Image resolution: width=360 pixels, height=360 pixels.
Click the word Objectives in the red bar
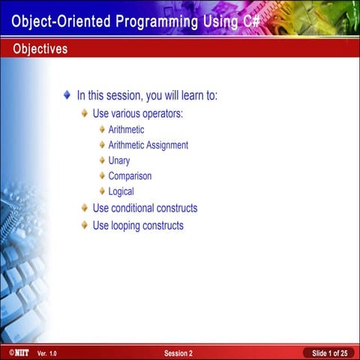click(40, 49)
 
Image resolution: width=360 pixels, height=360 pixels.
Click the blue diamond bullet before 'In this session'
click(67, 95)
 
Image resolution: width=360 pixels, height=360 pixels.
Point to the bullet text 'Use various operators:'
click(137, 114)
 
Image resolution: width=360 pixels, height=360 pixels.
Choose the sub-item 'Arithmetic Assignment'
click(148, 145)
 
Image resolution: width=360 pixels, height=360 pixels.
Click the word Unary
click(118, 160)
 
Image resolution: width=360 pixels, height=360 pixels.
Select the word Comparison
click(130, 176)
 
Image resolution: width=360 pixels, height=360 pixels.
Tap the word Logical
click(121, 192)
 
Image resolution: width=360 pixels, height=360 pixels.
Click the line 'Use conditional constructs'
click(145, 208)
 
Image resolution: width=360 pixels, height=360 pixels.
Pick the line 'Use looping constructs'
click(137, 226)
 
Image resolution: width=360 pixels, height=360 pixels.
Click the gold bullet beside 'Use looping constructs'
click(85, 226)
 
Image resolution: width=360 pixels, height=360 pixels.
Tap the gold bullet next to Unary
click(101, 160)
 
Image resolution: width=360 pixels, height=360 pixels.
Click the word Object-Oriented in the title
click(58, 21)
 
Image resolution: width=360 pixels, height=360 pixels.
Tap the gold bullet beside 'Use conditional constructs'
click(85, 208)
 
